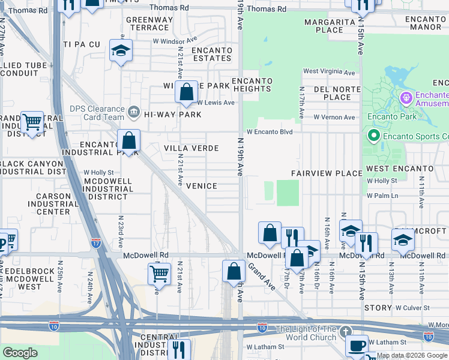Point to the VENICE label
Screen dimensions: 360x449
[x=201, y=186]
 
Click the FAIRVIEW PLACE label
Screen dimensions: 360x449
[x=327, y=173]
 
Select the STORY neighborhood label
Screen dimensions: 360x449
[x=377, y=308]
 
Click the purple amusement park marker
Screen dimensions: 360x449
[x=406, y=96]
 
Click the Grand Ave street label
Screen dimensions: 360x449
[x=261, y=276]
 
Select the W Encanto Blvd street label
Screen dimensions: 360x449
[x=268, y=132]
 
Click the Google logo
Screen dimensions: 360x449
[x=20, y=353]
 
